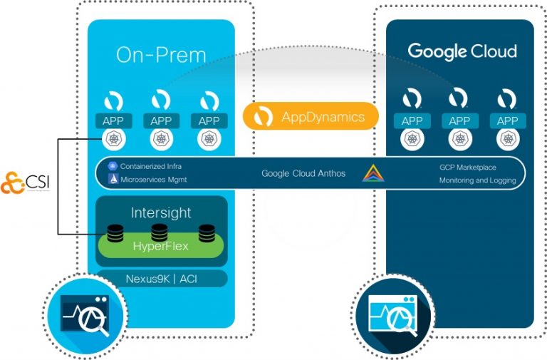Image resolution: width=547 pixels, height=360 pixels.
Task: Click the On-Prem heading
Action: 161,55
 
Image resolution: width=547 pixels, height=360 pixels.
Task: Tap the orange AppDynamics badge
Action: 310,117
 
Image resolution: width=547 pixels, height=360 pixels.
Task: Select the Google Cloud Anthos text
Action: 303,173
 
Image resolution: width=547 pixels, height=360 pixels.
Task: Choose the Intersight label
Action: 161,212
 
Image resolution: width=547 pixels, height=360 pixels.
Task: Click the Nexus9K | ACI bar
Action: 161,278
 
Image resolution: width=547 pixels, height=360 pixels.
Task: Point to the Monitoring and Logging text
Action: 477,180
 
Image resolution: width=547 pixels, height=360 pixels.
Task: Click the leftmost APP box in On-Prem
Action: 113,120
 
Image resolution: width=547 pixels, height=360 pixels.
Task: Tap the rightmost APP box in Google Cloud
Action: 507,120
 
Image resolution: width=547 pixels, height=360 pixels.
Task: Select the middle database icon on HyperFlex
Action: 160,232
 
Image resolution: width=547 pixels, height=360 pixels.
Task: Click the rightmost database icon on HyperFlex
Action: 207,232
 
